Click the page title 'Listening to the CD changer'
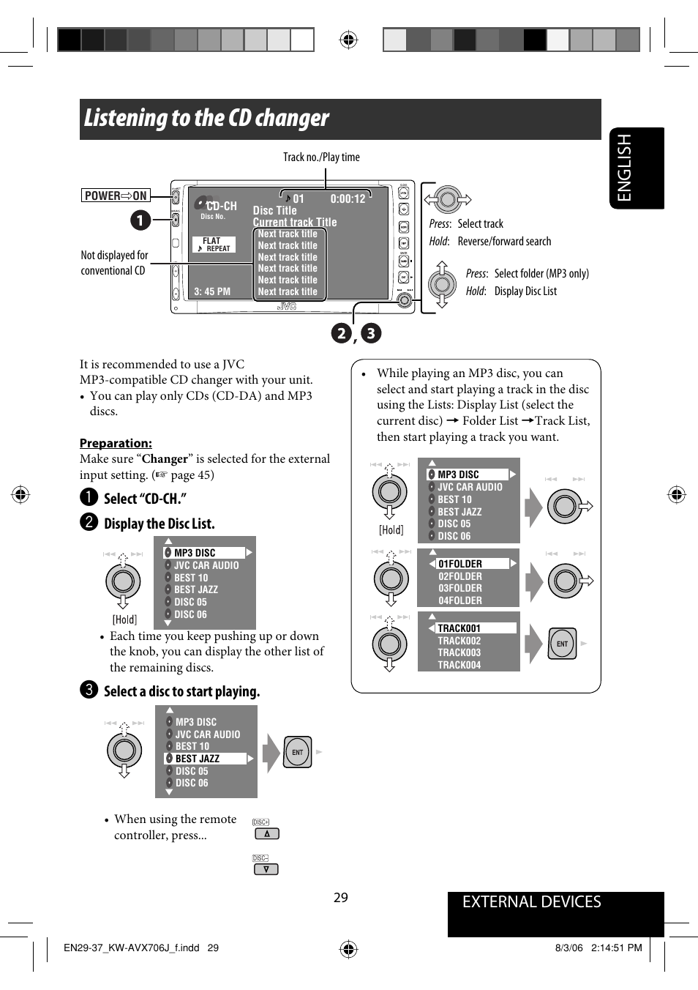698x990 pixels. click(206, 118)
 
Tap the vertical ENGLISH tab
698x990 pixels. click(624, 168)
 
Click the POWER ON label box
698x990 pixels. click(116, 196)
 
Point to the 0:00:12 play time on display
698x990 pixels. click(348, 198)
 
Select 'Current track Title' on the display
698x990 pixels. click(295, 222)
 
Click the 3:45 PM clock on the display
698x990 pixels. click(212, 291)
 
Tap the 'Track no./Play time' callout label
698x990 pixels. click(321, 157)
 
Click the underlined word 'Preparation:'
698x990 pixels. click(116, 443)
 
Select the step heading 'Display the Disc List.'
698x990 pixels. click(159, 524)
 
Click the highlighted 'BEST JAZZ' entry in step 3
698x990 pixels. click(198, 759)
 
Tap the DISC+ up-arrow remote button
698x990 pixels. click(266, 834)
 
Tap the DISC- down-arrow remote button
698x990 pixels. click(266, 869)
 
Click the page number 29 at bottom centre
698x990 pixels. click(341, 898)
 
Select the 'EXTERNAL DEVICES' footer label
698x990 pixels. click(531, 902)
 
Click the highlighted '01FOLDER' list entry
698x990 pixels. click(460, 564)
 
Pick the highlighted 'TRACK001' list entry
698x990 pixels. click(459, 628)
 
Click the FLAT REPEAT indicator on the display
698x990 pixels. click(214, 245)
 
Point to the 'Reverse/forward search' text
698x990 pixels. click(504, 242)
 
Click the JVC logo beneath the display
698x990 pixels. click(287, 307)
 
